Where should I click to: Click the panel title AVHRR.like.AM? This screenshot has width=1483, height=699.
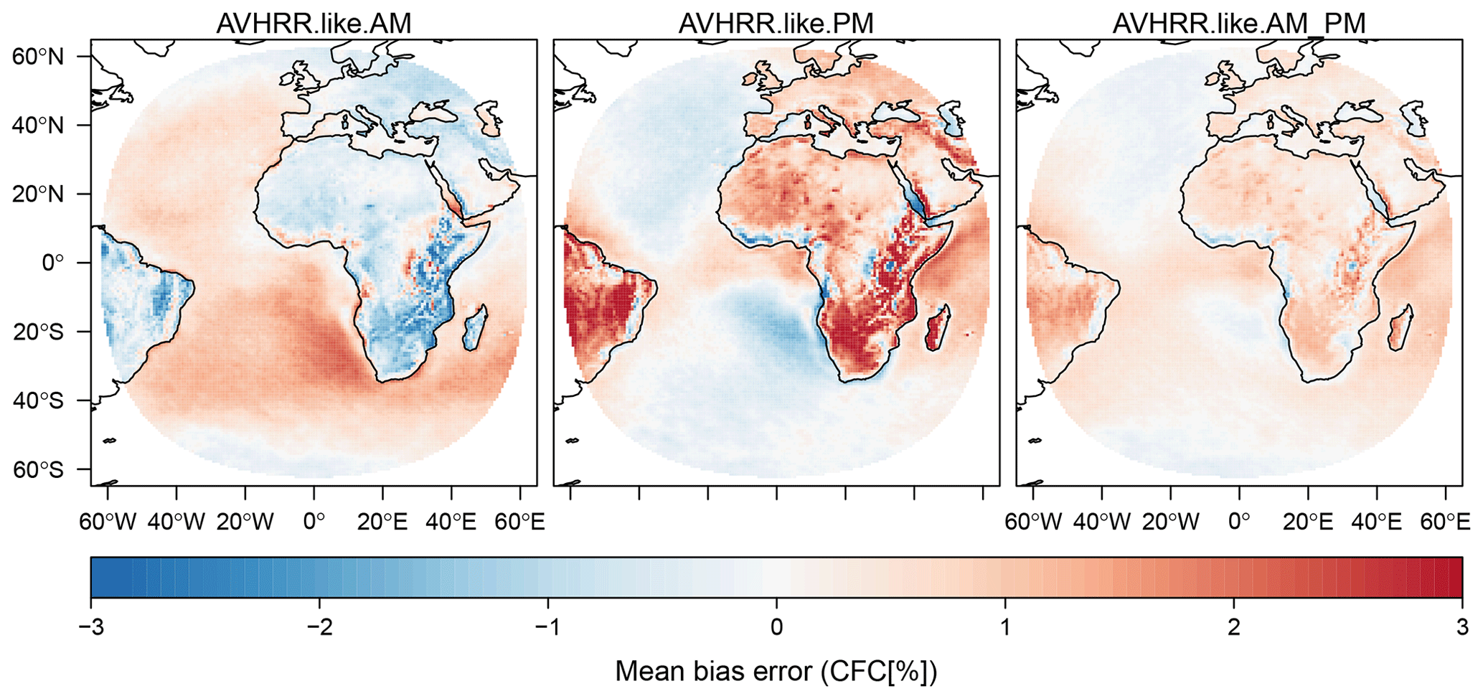[314, 24]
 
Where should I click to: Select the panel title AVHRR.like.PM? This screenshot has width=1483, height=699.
[776, 24]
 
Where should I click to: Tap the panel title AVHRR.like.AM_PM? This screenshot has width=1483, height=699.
[1239, 24]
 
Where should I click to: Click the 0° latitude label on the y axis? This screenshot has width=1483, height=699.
[53, 263]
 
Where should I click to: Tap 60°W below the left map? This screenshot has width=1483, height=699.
[108, 522]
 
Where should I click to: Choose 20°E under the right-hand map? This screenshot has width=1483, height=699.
[1308, 522]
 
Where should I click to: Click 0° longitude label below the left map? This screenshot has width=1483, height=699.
[314, 522]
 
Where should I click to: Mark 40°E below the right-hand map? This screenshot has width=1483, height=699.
[1377, 522]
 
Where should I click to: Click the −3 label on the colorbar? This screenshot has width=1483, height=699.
[91, 627]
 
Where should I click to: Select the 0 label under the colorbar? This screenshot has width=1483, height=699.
[776, 627]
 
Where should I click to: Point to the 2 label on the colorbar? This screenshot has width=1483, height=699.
[1233, 627]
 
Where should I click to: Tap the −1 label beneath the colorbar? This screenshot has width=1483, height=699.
[548, 627]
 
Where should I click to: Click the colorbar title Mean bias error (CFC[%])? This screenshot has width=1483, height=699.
[776, 672]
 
